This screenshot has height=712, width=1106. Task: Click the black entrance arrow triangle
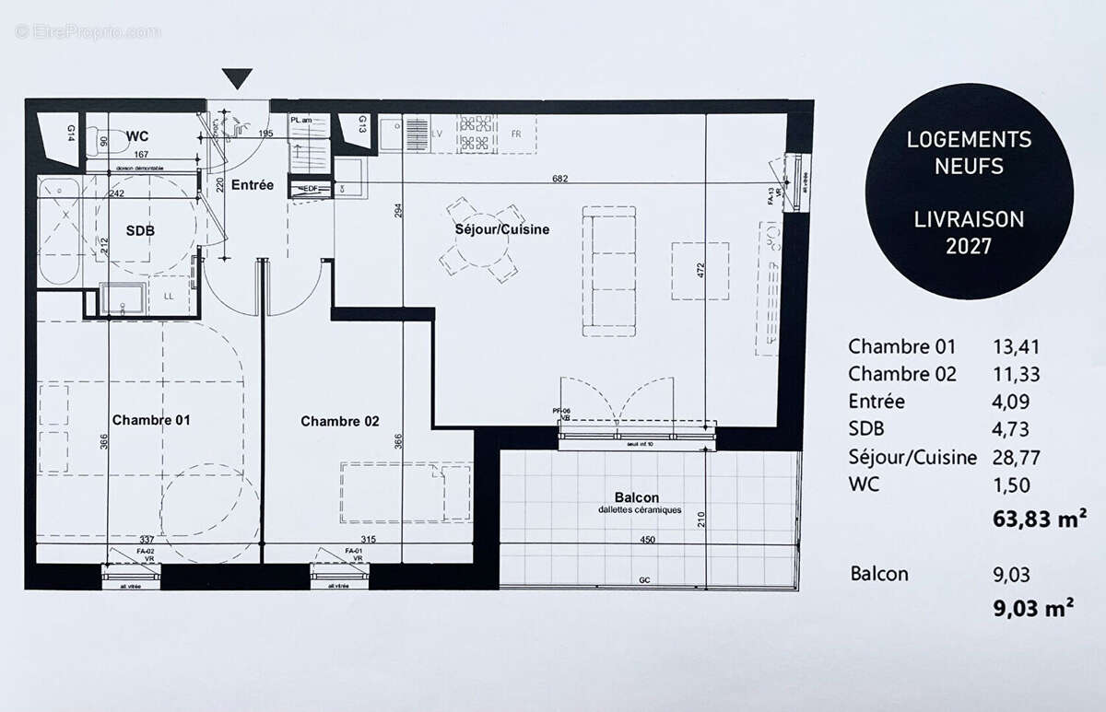pos(237,79)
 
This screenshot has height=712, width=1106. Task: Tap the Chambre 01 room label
pos(151,420)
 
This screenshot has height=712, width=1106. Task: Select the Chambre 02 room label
pos(340,421)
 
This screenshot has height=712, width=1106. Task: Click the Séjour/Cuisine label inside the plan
pos(501,229)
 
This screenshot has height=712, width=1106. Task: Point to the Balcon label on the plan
pos(637,497)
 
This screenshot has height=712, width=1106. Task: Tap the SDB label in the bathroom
pos(140,230)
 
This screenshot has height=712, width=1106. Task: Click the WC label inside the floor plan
pos(138,136)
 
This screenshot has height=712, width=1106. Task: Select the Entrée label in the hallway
pos(252,184)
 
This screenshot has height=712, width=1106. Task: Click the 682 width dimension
pos(559,177)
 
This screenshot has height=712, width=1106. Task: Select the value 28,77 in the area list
pos(1012,457)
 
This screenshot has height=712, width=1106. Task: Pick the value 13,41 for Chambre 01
pos(1012,347)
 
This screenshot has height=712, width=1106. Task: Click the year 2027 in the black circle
pos(969,247)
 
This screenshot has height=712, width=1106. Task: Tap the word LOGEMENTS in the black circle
pos(969,140)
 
